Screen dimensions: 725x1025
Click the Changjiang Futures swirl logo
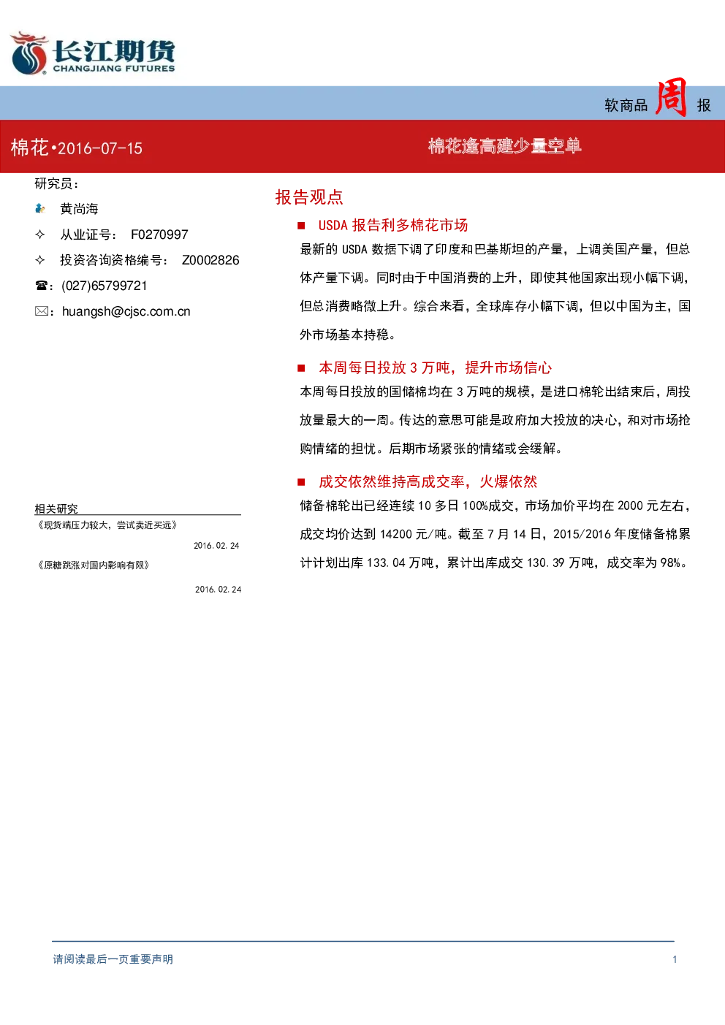click(x=29, y=53)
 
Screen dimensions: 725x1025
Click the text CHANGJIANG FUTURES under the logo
click(x=114, y=69)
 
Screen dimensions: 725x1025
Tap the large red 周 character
click(x=671, y=97)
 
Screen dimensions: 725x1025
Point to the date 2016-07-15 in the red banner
click(x=100, y=148)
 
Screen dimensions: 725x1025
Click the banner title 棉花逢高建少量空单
click(x=504, y=146)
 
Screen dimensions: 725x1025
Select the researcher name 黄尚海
click(x=79, y=209)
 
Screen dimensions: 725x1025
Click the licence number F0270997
click(x=159, y=235)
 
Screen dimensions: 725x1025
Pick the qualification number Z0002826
click(x=210, y=260)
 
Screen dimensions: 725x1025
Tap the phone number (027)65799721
click(x=105, y=286)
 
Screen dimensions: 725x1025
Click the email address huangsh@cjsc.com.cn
click(x=126, y=312)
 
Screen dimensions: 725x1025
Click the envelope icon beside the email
click(x=41, y=311)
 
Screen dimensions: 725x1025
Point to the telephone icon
click(x=41, y=286)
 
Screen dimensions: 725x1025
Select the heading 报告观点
click(x=309, y=197)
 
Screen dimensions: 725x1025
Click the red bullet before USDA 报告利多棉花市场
click(x=301, y=225)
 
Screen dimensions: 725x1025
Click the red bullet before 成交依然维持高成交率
click(x=301, y=481)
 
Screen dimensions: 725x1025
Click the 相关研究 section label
click(x=56, y=508)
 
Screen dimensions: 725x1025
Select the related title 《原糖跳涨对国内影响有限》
click(x=94, y=565)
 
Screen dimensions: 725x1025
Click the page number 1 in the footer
click(x=675, y=959)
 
